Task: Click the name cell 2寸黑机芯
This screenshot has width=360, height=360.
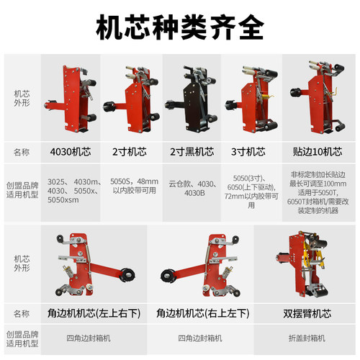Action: click(191, 152)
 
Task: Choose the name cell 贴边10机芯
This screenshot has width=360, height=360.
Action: click(315, 152)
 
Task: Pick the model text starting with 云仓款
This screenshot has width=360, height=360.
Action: click(191, 188)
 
